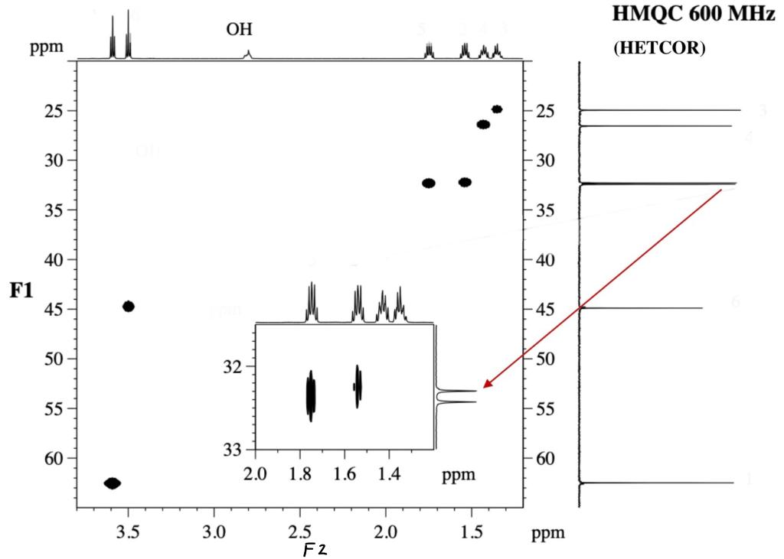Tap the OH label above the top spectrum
pos(239,30)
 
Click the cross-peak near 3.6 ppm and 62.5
pos(113,483)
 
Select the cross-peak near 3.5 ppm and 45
pos(129,306)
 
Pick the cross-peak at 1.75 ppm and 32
pos(429,183)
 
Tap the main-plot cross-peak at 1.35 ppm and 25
pos(497,109)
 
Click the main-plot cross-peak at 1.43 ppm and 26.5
pos(483,125)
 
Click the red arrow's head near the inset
pos(485,385)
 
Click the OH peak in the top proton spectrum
pos(247,54)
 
